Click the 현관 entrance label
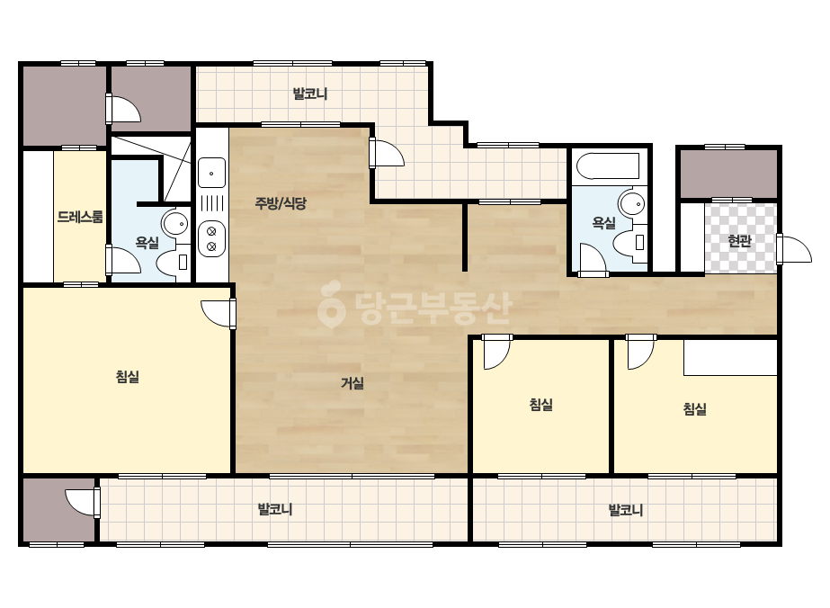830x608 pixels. [x=739, y=241]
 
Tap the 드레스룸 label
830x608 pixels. [x=80, y=217]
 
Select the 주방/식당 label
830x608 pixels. [x=281, y=203]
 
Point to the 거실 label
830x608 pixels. [x=352, y=382]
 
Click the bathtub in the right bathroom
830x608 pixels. [x=608, y=166]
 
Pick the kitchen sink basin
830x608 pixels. [x=211, y=173]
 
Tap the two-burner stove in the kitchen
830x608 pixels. [x=211, y=238]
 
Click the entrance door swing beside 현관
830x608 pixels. [x=794, y=249]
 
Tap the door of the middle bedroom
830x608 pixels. [x=497, y=351]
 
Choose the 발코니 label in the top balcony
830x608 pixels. [x=310, y=94]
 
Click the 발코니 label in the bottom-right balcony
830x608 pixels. [x=626, y=510]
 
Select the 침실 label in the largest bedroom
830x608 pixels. [x=128, y=377]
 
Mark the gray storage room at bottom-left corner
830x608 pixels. [x=58, y=510]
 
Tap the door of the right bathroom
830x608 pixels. [x=593, y=260]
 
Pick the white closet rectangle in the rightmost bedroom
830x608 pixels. [x=730, y=357]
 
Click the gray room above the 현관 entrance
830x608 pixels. [x=729, y=174]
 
